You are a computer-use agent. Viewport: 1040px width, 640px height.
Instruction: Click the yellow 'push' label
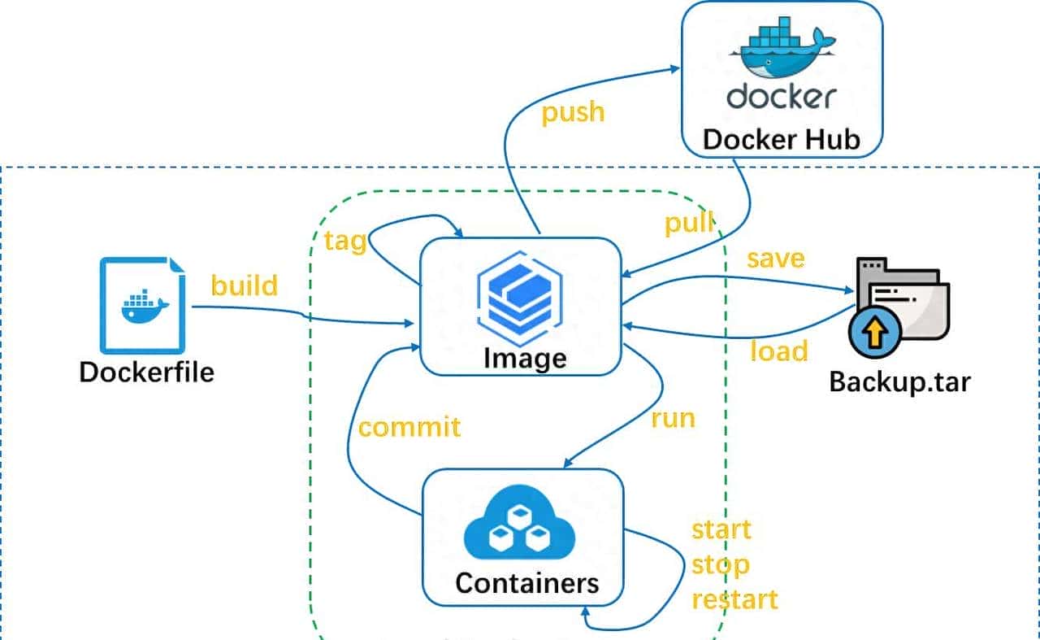click(x=573, y=111)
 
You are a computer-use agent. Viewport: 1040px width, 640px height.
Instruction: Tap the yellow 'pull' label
click(x=689, y=222)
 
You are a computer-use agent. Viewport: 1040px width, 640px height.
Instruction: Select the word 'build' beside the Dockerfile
click(x=244, y=285)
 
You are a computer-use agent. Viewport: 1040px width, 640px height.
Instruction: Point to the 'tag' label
click(x=344, y=242)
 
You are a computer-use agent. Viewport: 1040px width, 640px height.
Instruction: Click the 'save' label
click(x=775, y=258)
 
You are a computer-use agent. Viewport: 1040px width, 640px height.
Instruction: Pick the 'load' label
click(x=778, y=350)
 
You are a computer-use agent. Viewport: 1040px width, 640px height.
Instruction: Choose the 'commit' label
click(x=409, y=427)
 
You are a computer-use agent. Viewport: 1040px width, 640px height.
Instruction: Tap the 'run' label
click(x=673, y=418)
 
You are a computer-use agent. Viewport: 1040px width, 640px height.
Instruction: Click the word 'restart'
click(x=734, y=599)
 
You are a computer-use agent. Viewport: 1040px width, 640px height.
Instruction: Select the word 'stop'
click(x=720, y=564)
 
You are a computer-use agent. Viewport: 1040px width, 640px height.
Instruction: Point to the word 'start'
click(x=721, y=529)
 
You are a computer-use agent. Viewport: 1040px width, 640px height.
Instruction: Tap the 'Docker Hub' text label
click(x=781, y=139)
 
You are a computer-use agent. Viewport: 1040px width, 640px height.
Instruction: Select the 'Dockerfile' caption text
click(x=147, y=372)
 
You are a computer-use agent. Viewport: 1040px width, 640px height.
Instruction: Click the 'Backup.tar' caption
click(x=899, y=381)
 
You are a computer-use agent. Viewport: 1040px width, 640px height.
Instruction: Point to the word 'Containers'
click(x=526, y=583)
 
